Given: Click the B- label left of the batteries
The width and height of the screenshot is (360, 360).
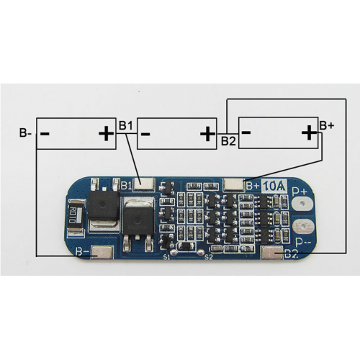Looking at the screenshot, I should tap(24, 132).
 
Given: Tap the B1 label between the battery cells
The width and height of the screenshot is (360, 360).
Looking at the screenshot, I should tap(126, 126).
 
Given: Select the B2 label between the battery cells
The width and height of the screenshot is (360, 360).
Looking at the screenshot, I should tap(228, 140).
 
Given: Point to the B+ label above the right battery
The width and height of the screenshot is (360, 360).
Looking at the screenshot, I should tap(327, 125).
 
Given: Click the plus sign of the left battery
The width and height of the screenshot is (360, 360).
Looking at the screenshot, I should tap(105, 133).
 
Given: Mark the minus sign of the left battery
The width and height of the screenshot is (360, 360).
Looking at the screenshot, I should tap(45, 133).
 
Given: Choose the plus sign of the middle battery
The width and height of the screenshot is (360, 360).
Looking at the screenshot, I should tap(207, 133).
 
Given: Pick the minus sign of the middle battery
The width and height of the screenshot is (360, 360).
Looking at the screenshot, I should tap(145, 133).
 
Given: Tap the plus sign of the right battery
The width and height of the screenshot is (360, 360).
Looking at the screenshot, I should tap(308, 132).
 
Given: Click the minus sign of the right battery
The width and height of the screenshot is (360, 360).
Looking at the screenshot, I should tap(247, 132).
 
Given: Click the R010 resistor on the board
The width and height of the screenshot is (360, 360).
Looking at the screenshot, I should tap(73, 214).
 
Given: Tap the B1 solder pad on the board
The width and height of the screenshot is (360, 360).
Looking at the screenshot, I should tap(144, 184).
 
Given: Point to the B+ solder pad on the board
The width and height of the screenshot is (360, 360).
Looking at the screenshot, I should tap(234, 184).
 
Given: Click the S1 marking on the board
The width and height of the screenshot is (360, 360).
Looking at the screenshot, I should tap(166, 256).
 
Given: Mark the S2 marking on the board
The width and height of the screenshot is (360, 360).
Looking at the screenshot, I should tap(209, 256).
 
